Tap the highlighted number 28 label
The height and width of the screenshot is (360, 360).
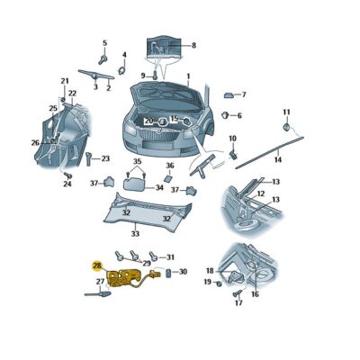[97, 267]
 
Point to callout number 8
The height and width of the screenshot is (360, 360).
[193, 45]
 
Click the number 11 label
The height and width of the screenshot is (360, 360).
[287, 112]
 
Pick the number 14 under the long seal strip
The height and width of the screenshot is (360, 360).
[278, 159]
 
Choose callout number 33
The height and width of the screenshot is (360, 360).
[135, 233]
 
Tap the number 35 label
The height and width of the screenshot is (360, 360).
[138, 162]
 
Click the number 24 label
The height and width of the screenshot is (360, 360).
[67, 185]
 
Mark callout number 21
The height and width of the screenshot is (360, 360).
[65, 82]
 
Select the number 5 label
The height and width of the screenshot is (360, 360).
[103, 43]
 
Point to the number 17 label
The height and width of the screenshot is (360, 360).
[238, 303]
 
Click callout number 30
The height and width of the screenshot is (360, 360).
[183, 272]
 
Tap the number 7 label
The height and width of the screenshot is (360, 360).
[243, 94]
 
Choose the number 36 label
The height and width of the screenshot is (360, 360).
[169, 166]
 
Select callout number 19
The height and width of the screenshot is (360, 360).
[206, 283]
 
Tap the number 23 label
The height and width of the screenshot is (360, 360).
[105, 159]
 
